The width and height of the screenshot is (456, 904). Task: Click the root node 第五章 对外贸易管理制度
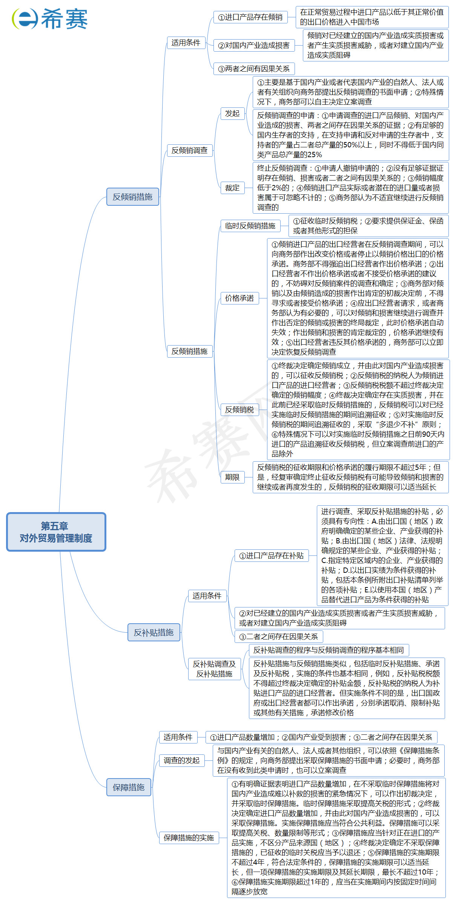pyautogui.click(x=56, y=532)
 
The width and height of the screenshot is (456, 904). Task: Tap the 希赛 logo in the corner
pyautogui.click(x=50, y=19)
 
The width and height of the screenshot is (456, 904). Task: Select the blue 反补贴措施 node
pyautogui.click(x=154, y=632)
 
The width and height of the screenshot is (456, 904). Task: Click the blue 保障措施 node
pyautogui.click(x=129, y=787)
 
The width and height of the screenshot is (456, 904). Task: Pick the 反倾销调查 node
pyautogui.click(x=189, y=150)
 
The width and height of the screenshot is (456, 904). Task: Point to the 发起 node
pyautogui.click(x=232, y=113)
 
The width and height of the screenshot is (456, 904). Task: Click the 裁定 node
pyautogui.click(x=232, y=188)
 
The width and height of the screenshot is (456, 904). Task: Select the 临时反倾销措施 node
pyautogui.click(x=250, y=226)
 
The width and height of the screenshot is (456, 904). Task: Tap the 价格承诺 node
pyautogui.click(x=240, y=298)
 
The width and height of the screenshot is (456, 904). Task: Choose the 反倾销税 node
pyautogui.click(x=240, y=410)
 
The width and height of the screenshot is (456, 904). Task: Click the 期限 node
pyautogui.click(x=232, y=477)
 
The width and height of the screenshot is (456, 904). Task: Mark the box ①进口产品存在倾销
pyautogui.click(x=250, y=17)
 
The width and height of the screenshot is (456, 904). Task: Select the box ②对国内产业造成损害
pyautogui.click(x=254, y=46)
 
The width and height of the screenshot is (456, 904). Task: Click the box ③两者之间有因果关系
pyautogui.click(x=254, y=69)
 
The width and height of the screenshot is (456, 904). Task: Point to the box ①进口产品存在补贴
pyautogui.click(x=272, y=556)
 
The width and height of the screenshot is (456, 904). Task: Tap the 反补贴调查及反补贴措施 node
pyautogui.click(x=214, y=669)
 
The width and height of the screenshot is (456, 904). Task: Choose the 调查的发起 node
pyautogui.click(x=181, y=760)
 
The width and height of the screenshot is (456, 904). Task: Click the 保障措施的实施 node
pyautogui.click(x=189, y=838)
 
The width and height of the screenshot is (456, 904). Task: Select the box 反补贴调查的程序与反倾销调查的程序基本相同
pyautogui.click(x=329, y=650)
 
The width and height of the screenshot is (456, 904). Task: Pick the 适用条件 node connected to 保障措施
pyautogui.click(x=178, y=737)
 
